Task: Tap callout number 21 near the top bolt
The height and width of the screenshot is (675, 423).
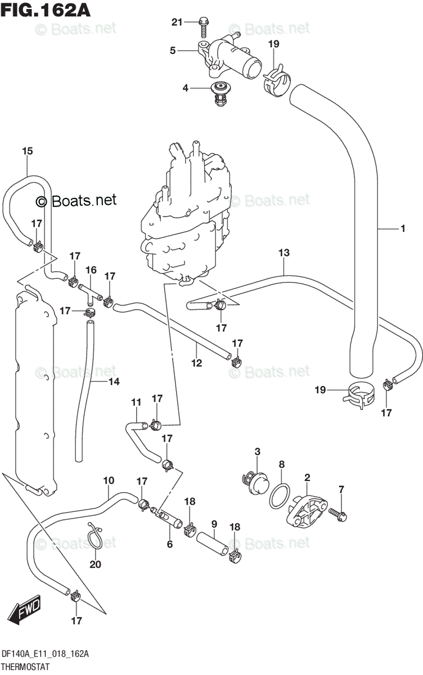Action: [x=177, y=22]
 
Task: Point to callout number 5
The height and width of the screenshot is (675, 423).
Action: [x=173, y=51]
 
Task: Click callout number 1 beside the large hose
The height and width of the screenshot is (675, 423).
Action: [x=403, y=228]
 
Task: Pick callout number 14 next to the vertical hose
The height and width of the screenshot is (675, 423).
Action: [x=114, y=382]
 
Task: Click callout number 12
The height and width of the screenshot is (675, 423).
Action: [x=196, y=363]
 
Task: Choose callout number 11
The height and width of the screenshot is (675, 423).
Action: [x=136, y=402]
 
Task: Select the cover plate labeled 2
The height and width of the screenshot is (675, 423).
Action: [x=304, y=509]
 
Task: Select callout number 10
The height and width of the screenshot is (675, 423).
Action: [x=109, y=480]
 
